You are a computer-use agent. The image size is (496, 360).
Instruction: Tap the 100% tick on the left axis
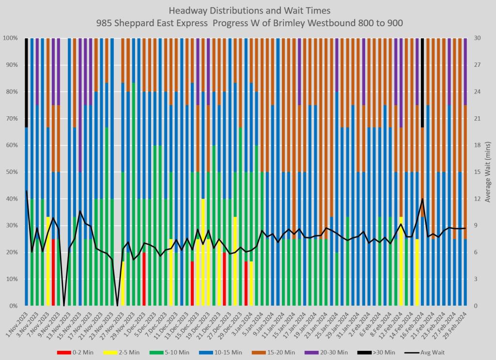click(x=11, y=38)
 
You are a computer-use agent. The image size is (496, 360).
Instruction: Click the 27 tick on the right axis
click(x=477, y=64)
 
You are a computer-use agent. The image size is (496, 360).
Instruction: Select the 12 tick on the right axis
click(x=477, y=199)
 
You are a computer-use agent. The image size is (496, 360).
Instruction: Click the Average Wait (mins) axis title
click(x=488, y=172)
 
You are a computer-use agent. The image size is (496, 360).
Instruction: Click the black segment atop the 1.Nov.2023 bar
click(x=26, y=82)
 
